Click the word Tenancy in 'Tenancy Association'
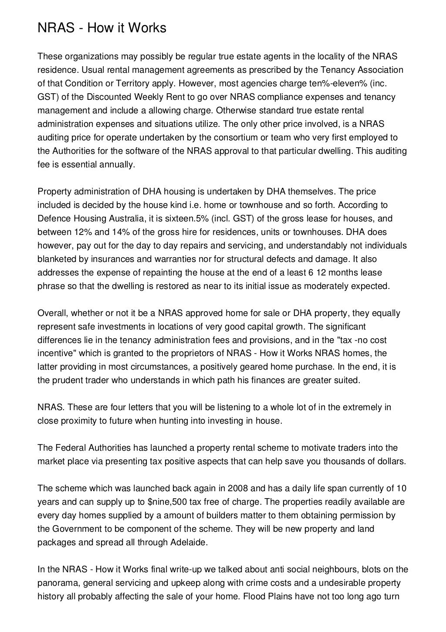pyautogui.click(x=335, y=70)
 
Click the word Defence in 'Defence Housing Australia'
pyautogui.click(x=52, y=218)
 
